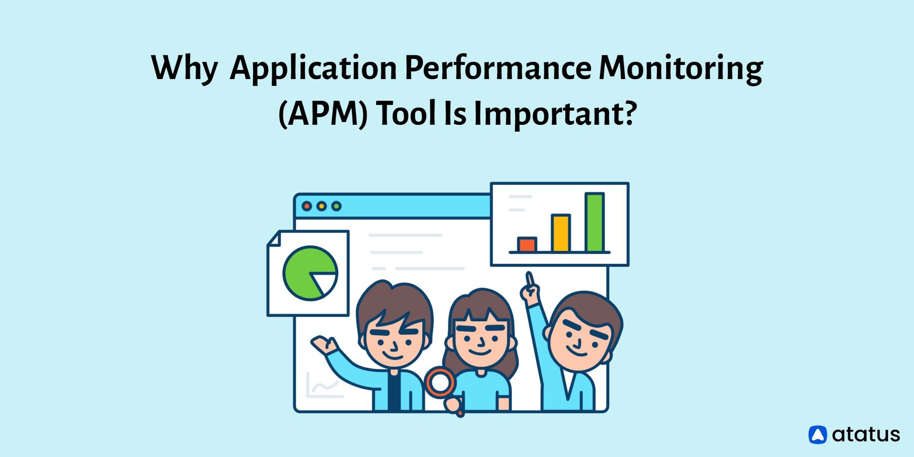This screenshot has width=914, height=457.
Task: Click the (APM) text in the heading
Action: click(323, 113)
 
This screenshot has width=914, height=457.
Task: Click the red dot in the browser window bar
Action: click(307, 206)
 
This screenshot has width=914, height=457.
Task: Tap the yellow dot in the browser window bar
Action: click(322, 206)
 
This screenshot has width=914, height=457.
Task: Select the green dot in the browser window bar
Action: click(336, 206)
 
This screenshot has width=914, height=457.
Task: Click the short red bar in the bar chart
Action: click(527, 244)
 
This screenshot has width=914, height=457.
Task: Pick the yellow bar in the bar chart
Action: click(560, 233)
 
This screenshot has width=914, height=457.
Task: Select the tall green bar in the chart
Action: click(595, 222)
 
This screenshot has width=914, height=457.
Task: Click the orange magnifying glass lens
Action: click(440, 382)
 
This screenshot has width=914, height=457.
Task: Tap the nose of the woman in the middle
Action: click(481, 341)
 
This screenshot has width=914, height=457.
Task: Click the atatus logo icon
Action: click(818, 435)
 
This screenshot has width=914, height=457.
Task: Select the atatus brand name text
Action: click(866, 435)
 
